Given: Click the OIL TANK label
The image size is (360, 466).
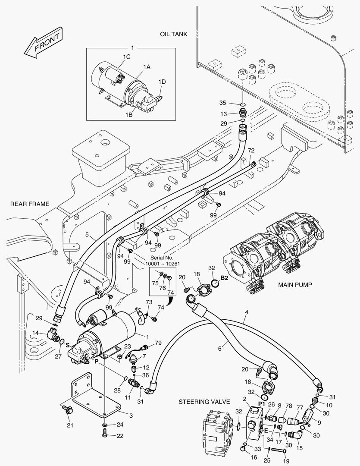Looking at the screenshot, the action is pyautogui.click(x=173, y=34).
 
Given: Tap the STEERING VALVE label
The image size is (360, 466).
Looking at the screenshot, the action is pyautogui.click(x=201, y=402).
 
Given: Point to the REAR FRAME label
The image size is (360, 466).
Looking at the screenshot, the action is pyautogui.click(x=30, y=204).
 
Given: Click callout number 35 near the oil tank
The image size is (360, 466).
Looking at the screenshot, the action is pyautogui.click(x=222, y=103).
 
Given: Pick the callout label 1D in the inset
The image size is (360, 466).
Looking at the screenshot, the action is pyautogui.click(x=162, y=82).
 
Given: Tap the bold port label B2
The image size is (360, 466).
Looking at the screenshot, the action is pyautogui.click(x=224, y=278).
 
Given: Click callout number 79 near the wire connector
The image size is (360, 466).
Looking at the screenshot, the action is pyautogui.click(x=158, y=343).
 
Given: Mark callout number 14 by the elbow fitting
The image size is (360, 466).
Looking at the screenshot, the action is pyautogui.click(x=36, y=333).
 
